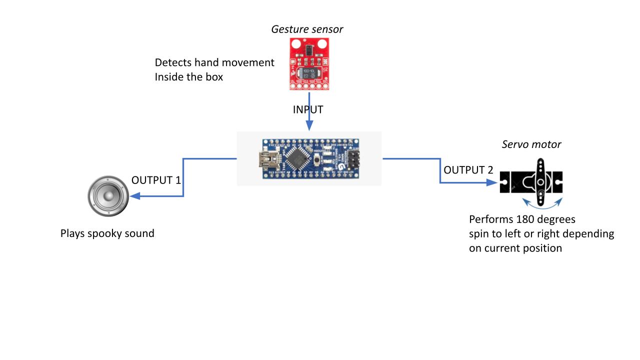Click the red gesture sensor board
[309, 65]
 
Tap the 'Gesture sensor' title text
[307, 29]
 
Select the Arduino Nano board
[309, 158]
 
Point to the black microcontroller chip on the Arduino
[298, 158]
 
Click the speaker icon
[108, 196]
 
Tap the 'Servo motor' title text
[531, 144]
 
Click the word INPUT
[308, 109]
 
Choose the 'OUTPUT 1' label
[156, 180]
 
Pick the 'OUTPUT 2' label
[468, 170]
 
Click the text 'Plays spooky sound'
[107, 233]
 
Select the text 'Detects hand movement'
[214, 62]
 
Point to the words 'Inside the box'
[188, 77]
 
